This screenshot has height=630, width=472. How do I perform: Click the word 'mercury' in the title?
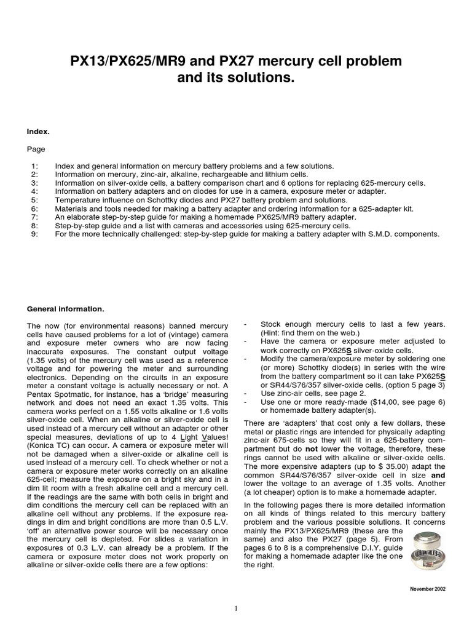click(x=285, y=62)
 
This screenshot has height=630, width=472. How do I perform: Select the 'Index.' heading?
click(x=39, y=131)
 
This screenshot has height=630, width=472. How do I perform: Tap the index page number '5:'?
click(x=34, y=200)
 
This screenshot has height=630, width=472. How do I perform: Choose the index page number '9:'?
click(x=34, y=234)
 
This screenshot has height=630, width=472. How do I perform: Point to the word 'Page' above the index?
click(x=36, y=149)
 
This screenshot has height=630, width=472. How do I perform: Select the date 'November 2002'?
click(x=428, y=589)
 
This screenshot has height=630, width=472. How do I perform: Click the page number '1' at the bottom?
click(x=236, y=609)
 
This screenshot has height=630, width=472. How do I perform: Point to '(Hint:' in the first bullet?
click(x=272, y=333)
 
